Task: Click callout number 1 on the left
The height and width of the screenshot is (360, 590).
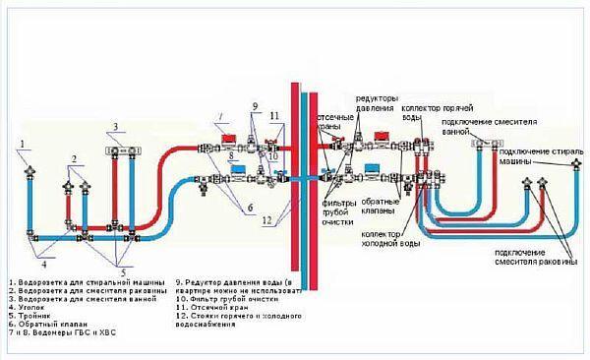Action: (20, 146)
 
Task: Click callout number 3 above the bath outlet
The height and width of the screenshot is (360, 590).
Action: (114, 127)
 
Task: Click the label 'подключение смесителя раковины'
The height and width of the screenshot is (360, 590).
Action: (536, 258)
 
